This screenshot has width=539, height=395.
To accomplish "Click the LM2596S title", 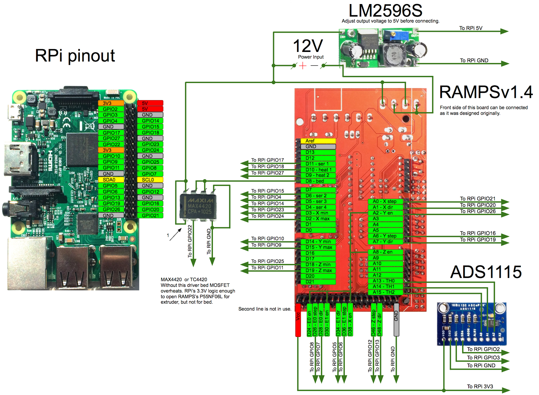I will pos(385,10).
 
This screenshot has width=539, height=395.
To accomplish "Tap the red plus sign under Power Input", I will pos(303,65).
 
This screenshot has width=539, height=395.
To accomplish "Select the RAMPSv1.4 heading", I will pos(486,92).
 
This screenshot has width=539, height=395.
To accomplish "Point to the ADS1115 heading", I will pos(486,272).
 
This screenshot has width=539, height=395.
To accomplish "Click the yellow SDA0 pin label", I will pos(111,180).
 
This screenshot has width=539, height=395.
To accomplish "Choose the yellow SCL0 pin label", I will pos(150,180).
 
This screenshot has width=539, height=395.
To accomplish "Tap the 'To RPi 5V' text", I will pos(471,28).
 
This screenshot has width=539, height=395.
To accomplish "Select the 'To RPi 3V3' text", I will pos(480,387).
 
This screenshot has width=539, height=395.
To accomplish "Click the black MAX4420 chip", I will pos(198,206).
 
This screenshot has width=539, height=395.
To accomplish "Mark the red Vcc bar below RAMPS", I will pos(298,320).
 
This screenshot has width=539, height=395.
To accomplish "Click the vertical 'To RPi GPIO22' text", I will pos(190,241).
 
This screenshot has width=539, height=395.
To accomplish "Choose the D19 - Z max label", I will pos(318,270).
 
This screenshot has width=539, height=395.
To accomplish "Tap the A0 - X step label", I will pos(385,201).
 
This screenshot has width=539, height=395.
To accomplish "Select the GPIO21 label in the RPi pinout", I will pos(150,215).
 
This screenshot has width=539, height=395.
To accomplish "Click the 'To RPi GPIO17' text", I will pos(267,160).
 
